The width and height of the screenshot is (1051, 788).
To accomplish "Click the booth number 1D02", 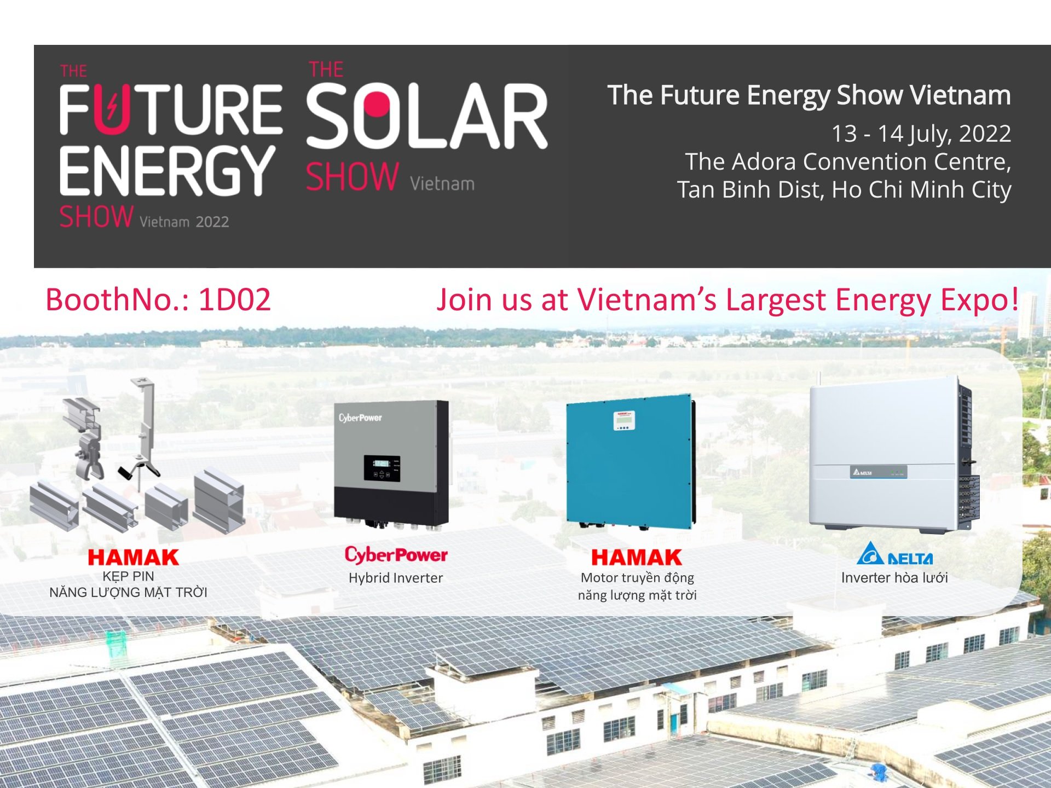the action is [x=234, y=299].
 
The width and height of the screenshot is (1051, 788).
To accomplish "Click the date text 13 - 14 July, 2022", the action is [x=921, y=134].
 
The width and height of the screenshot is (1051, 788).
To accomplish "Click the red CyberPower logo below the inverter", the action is [x=396, y=555].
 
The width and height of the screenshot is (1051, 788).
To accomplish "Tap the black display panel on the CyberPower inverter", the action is [x=382, y=468].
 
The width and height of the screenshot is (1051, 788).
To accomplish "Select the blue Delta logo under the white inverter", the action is [x=894, y=553].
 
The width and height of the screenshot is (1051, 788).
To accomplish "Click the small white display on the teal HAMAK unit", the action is [x=624, y=420].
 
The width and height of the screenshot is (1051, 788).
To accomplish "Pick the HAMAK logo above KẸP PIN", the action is [x=134, y=558].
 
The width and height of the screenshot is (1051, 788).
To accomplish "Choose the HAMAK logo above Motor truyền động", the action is [x=637, y=558].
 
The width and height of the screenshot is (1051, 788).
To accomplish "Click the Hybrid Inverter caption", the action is [x=396, y=578].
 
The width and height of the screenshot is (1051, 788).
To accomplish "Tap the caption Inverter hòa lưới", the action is [x=894, y=577].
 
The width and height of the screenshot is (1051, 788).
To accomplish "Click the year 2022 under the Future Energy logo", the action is [x=212, y=222].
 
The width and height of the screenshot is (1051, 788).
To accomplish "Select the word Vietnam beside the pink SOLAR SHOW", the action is [x=442, y=183].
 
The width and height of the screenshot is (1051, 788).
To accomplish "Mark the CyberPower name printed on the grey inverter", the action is [x=360, y=418].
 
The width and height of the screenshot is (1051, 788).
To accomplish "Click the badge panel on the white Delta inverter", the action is [x=878, y=472].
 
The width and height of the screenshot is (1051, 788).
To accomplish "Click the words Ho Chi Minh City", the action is [x=921, y=190].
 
